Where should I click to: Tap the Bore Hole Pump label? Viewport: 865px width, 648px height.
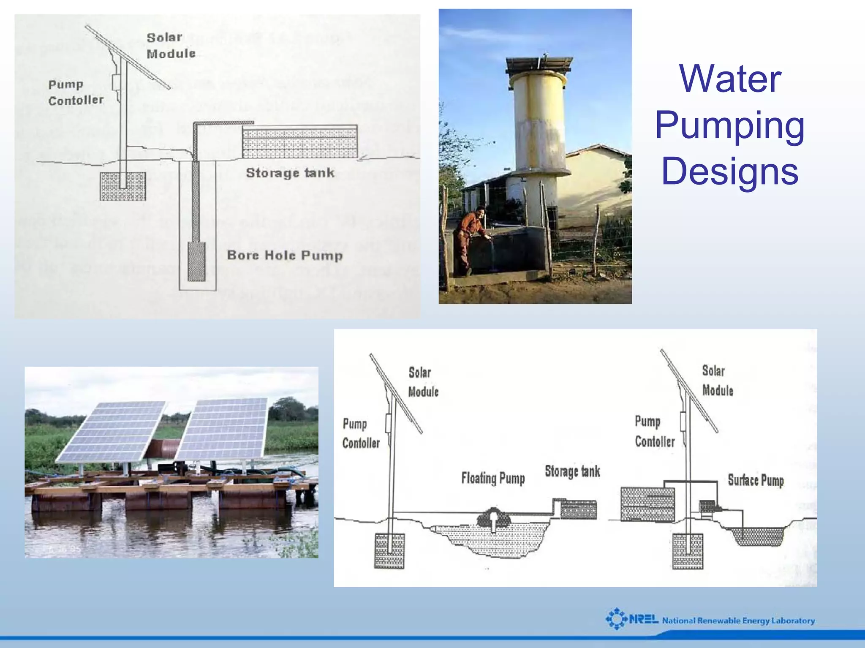click(285, 256)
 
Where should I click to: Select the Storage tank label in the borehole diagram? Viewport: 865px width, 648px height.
click(290, 173)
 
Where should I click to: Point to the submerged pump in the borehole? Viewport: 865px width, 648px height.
click(196, 261)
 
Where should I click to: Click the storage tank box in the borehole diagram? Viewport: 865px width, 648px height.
click(299, 143)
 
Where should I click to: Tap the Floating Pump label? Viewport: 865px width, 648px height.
click(493, 478)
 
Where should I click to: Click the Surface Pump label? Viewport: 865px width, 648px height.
click(756, 480)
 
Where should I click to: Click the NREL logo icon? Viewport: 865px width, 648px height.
click(617, 619)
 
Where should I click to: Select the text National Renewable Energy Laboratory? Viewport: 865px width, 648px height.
click(738, 621)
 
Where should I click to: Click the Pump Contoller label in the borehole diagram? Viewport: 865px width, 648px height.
click(76, 92)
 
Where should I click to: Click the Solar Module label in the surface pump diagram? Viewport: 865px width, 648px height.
click(717, 381)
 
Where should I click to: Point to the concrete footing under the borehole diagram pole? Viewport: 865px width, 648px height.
click(123, 186)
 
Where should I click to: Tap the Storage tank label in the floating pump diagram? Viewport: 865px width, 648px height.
click(572, 471)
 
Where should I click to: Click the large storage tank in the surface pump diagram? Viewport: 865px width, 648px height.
click(647, 504)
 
